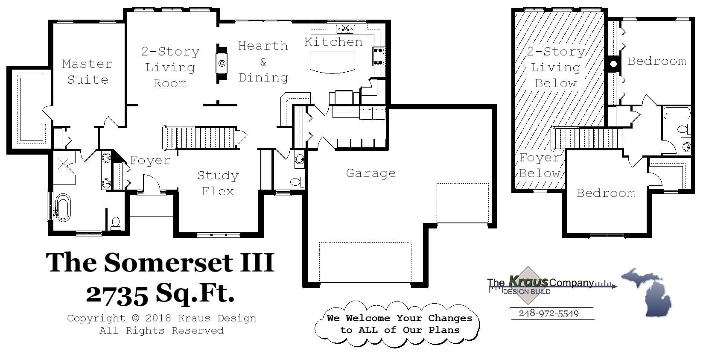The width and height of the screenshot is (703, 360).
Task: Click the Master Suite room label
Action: pos(87,72)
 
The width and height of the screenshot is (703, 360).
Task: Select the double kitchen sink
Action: pos(345,29)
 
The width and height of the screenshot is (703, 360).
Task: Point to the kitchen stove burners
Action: pos(379,56)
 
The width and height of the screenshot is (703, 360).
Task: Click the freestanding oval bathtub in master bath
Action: pos(63,207)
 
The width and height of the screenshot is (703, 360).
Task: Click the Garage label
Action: pos(370,173)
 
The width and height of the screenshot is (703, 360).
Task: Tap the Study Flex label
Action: pos(218,183)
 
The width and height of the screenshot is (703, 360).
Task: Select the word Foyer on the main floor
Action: pos(150,160)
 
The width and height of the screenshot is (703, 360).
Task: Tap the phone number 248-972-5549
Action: pos(549,313)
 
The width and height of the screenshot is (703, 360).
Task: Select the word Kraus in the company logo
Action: pos(528,281)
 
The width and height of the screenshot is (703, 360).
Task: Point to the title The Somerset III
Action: pos(160,262)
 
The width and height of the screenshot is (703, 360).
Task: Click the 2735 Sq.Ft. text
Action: pos(160,294)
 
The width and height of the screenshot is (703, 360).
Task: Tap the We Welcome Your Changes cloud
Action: pos(399,324)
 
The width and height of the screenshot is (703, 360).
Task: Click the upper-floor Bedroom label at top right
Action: pos(656,61)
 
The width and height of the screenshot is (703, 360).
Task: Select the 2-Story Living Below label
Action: pos(555,67)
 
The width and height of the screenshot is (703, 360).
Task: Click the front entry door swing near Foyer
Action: pos(151,184)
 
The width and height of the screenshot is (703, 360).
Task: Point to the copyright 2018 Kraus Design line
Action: pos(161,318)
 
